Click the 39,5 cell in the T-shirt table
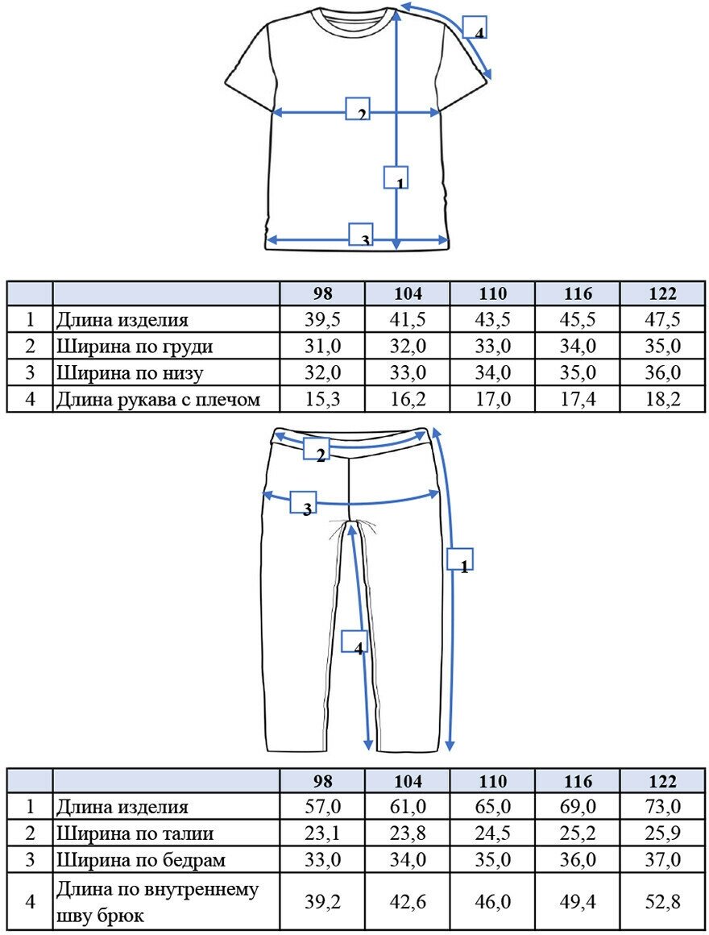pyautogui.click(x=322, y=319)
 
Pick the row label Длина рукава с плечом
pyautogui.click(x=158, y=398)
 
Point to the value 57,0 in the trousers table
pyautogui.click(x=322, y=807)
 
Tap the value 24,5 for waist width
pyautogui.click(x=493, y=833)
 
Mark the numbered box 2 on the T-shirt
pyautogui.click(x=358, y=109)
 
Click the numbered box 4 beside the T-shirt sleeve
pyautogui.click(x=475, y=28)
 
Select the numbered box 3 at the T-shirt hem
pyautogui.click(x=361, y=235)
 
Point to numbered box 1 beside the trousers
pyautogui.click(x=460, y=559)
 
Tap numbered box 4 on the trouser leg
pyautogui.click(x=354, y=642)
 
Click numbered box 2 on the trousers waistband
pyautogui.click(x=316, y=449)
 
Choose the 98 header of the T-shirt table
pyautogui.click(x=322, y=293)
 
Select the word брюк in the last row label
pyautogui.click(x=136, y=916)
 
